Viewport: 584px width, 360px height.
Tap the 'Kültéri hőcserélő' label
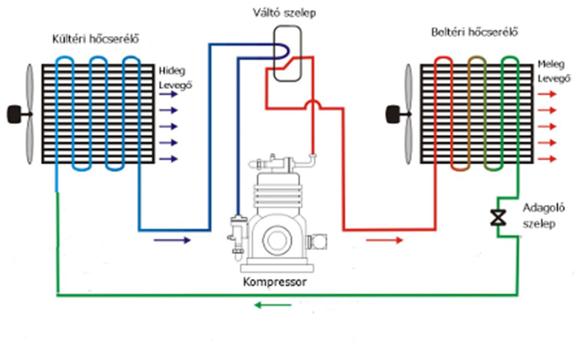pyautogui.click(x=95, y=39)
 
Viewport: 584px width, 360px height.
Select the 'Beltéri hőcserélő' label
pyautogui.click(x=474, y=32)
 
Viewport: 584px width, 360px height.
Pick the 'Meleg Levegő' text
pyautogui.click(x=552, y=72)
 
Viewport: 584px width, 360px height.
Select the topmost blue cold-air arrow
pyautogui.click(x=168, y=95)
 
